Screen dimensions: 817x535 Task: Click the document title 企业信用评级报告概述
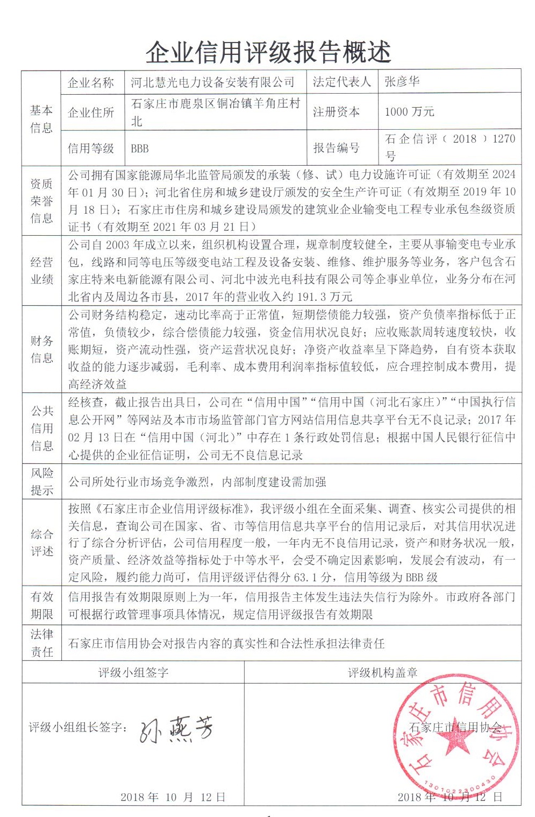point(268,52)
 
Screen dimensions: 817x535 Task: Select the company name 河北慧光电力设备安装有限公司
point(212,82)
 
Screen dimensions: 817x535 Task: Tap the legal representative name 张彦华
point(402,82)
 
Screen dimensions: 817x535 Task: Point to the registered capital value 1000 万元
point(409,112)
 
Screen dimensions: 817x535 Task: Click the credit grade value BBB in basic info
point(140,149)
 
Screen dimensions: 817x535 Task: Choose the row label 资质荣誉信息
point(41,201)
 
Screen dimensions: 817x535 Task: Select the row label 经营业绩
point(41,271)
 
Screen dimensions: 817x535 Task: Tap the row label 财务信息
point(41,349)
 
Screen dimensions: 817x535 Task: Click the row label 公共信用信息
point(41,428)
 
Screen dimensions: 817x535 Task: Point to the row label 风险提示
point(41,482)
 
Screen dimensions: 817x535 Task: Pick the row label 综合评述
point(41,543)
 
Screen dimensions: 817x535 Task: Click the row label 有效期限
point(41,605)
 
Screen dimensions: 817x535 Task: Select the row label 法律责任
point(41,643)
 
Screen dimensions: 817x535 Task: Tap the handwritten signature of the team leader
point(176,730)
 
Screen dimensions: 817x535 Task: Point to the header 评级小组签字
point(133,673)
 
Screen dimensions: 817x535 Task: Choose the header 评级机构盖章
point(382,673)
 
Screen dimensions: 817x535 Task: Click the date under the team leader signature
point(173,797)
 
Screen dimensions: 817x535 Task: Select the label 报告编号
point(336,148)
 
